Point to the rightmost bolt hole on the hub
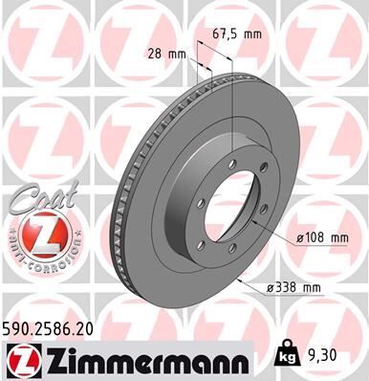click(262, 213)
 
